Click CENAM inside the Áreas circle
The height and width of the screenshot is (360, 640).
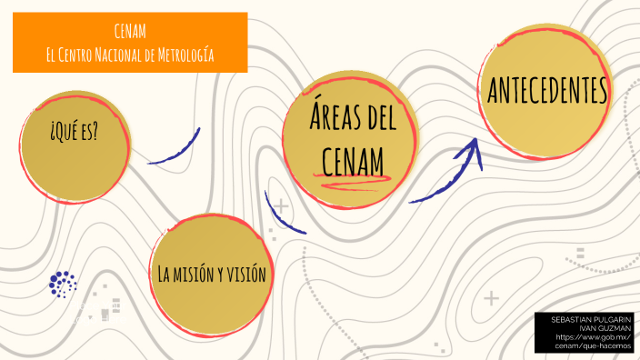click(x=353, y=160)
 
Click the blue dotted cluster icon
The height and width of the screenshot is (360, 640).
click(x=63, y=284)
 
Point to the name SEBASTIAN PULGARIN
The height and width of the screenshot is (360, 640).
click(x=585, y=320)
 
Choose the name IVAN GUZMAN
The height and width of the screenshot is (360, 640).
click(x=597, y=328)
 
